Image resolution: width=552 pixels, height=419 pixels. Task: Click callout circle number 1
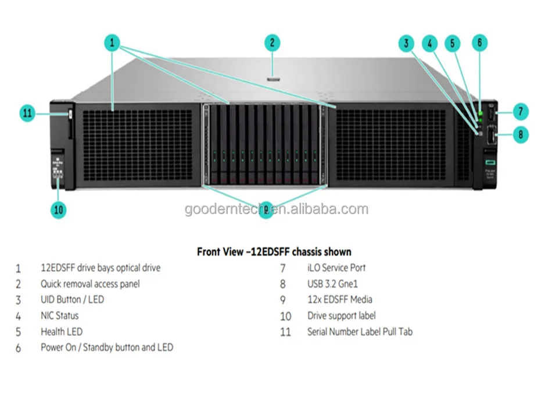pos(112,42)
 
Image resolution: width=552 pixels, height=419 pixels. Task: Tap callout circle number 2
pos(272,42)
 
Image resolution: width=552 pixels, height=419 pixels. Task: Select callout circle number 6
pos(479,42)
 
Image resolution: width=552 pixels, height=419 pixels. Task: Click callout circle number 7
pos(520,111)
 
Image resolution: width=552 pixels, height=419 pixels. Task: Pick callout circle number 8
pos(520,134)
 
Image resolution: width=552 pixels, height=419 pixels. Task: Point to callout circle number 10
pos(59,210)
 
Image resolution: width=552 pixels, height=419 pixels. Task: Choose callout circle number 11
pos(28,113)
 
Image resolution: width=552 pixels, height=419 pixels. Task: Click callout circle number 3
pos(407,42)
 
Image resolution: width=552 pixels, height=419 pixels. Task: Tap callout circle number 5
pos(453,42)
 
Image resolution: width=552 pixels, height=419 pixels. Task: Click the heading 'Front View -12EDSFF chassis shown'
pos(274,252)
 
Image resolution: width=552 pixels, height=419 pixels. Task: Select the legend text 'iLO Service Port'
pos(336,268)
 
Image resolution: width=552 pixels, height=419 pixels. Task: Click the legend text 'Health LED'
pos(61,332)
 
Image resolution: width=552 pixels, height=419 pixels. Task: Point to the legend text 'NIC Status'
pos(59,316)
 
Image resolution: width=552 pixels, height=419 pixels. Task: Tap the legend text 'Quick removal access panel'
pos(90,284)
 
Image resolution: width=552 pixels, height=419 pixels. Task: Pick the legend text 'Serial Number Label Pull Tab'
pos(360,332)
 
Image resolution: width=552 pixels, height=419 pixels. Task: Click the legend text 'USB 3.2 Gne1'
pos(332,284)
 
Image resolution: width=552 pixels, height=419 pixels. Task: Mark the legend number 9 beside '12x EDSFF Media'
pos(283,300)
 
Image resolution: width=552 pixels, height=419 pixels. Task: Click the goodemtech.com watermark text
pos(276,210)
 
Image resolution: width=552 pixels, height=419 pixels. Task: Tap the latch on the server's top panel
pos(273,74)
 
